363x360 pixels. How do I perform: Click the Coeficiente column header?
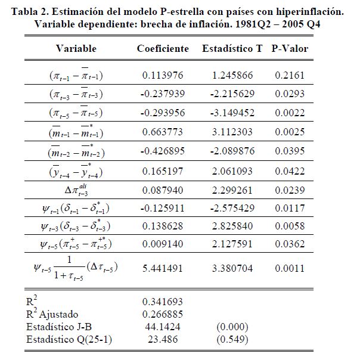pos(163,49)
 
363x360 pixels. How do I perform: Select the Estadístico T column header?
pos(232,49)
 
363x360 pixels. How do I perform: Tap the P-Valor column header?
pos(290,49)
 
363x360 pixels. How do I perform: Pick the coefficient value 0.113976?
pos(162,76)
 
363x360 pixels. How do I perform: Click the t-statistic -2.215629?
pos(232,94)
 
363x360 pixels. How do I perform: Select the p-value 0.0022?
pos(287,113)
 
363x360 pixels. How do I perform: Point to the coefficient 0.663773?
pos(162,131)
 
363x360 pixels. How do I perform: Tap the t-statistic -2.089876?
pos(232,150)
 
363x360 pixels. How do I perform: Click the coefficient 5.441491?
pos(162,268)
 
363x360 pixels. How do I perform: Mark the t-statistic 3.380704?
pos(231,268)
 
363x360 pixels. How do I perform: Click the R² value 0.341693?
pos(162,302)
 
